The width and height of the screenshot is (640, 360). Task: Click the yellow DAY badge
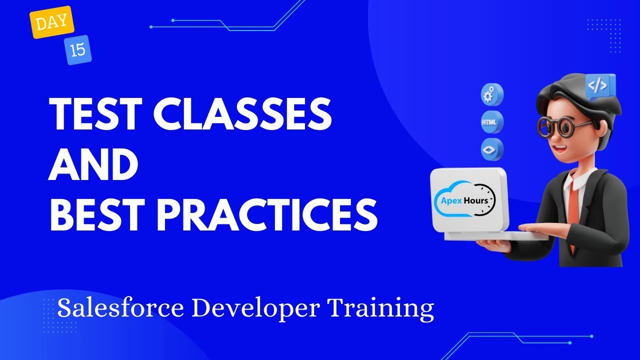point(51,22)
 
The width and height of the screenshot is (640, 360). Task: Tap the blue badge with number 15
point(77,50)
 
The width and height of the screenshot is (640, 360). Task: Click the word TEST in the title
point(95,113)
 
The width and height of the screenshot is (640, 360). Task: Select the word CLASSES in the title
point(242,113)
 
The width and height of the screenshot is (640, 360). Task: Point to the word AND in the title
point(93,164)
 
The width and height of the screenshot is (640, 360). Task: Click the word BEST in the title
point(96,214)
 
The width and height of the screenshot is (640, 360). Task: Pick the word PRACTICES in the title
point(267,214)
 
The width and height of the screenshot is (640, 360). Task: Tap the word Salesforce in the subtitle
point(120,308)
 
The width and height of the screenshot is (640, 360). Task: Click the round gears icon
point(492,94)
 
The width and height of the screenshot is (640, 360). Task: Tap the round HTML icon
point(492,122)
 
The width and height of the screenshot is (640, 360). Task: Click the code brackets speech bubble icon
point(600,86)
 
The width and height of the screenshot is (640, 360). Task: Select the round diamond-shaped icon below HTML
point(492,149)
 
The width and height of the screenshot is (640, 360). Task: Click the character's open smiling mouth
point(560,149)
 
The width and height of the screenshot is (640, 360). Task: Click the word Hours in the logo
point(476,200)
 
